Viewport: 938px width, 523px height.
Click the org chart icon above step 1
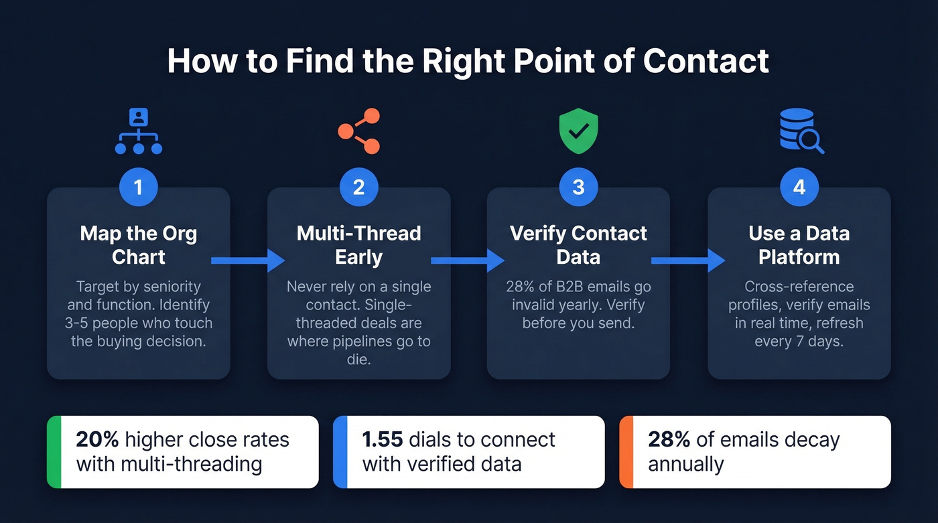tap(139, 131)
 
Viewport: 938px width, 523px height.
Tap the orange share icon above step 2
tap(358, 131)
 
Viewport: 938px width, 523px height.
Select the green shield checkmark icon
tap(578, 131)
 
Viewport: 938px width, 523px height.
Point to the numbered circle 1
tap(139, 187)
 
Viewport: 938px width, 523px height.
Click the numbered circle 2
tap(358, 187)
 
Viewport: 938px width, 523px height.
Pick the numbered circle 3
tap(578, 187)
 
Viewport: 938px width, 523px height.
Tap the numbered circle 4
tap(799, 187)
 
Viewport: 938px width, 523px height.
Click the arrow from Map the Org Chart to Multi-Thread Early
tap(248, 260)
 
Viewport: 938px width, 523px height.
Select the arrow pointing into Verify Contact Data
tap(468, 260)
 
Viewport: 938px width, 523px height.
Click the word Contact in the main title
tap(706, 62)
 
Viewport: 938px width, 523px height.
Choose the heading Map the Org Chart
tap(139, 244)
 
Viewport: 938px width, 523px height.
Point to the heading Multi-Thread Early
tap(358, 244)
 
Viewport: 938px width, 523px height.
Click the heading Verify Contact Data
tap(578, 244)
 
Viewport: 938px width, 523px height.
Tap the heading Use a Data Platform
tap(799, 244)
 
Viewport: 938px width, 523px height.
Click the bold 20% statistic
tap(97, 439)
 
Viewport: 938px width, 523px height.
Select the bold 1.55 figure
tap(382, 439)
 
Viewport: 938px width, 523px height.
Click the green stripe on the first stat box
tap(54, 452)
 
